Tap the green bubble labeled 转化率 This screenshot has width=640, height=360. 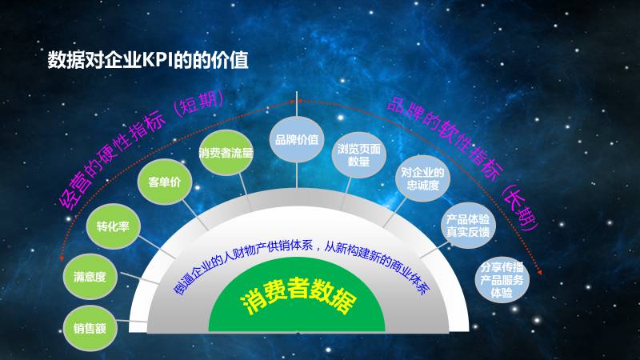[114, 227]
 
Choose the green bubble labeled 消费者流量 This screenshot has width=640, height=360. [226, 152]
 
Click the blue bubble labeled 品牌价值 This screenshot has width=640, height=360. [296, 139]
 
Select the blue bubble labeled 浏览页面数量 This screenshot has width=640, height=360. [358, 154]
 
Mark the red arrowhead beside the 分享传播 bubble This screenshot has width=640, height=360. [542, 273]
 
